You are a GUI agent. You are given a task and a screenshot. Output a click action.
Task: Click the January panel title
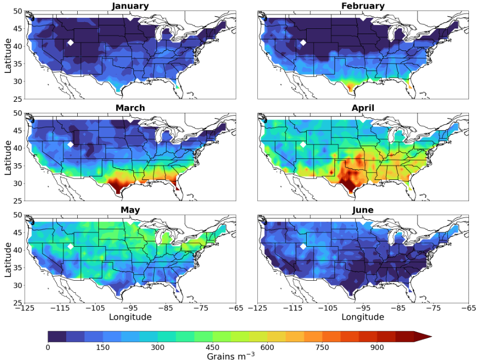(x=130, y=6)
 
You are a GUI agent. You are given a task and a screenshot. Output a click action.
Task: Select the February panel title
(x=362, y=6)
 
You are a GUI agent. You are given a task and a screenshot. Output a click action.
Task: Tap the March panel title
(x=130, y=108)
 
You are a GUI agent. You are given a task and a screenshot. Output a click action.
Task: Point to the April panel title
(x=362, y=108)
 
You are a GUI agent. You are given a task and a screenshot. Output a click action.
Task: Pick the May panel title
(x=130, y=210)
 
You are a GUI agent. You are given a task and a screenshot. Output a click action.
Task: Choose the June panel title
(x=362, y=210)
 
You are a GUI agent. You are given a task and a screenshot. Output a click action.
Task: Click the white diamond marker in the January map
(x=70, y=43)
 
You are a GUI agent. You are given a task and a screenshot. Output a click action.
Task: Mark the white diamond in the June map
(x=303, y=246)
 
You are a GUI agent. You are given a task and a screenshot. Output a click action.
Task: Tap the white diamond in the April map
(x=303, y=144)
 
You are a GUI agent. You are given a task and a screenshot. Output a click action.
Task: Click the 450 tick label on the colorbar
(x=213, y=347)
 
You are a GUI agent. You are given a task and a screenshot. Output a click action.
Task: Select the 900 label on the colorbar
(x=377, y=347)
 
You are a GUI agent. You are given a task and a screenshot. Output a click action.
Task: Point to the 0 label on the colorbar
(x=48, y=347)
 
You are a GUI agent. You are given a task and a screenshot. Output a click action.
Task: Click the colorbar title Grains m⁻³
(x=231, y=355)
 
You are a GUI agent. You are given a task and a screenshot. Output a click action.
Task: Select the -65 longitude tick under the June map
(x=467, y=309)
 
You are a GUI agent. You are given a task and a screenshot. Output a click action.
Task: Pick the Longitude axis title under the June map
(x=362, y=317)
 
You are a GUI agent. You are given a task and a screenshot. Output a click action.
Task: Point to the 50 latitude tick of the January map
(x=17, y=11)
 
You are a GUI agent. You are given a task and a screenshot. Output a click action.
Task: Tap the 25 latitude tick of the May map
(x=17, y=303)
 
